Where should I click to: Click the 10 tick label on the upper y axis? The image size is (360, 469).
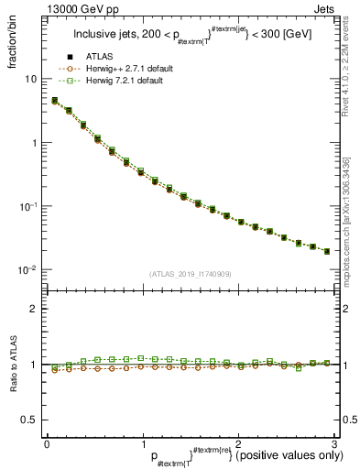tap(31, 79)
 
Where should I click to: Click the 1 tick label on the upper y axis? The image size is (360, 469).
tap(34, 143)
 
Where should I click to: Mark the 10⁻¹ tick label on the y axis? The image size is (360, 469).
tap(29, 206)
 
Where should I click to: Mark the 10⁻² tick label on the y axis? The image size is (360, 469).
tap(29, 270)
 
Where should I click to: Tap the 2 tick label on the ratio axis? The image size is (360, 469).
tap(34, 309)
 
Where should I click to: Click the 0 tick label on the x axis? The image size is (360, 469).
tap(47, 443)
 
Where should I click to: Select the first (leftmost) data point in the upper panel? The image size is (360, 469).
tap(55, 101)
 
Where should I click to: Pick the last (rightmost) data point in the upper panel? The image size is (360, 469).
tap(327, 251)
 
